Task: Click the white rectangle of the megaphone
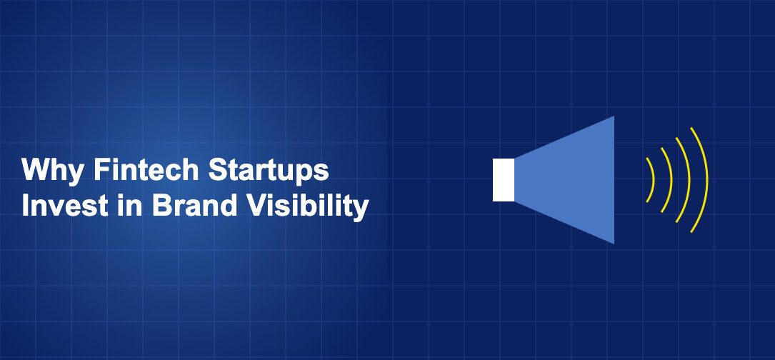(x=503, y=180)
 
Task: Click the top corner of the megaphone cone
(x=614, y=116)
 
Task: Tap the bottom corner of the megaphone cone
(x=614, y=244)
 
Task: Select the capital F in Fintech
(x=102, y=170)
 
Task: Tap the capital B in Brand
(x=161, y=206)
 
